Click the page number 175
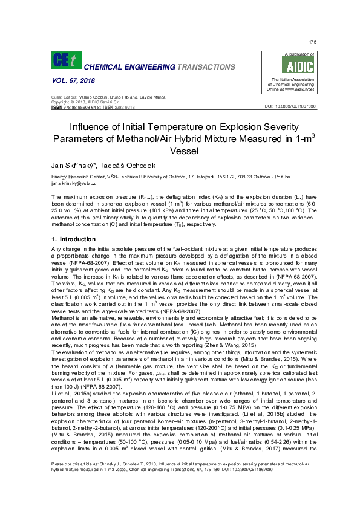coord(312,42)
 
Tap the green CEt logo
coord(62,60)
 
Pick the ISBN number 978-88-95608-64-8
coord(83,106)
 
